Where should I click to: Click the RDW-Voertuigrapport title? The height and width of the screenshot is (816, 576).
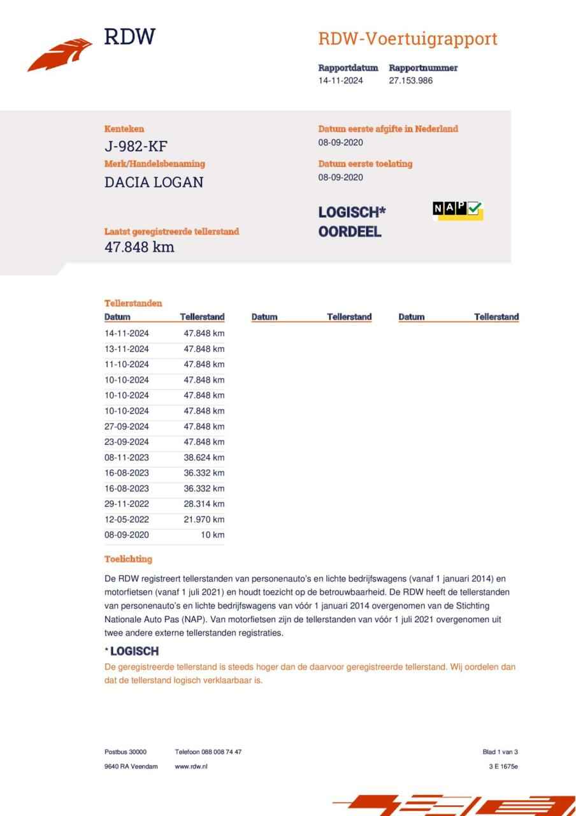pyautogui.click(x=407, y=39)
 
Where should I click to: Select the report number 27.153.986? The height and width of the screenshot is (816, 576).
pyautogui.click(x=410, y=81)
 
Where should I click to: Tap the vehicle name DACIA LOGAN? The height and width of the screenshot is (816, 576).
pyautogui.click(x=154, y=182)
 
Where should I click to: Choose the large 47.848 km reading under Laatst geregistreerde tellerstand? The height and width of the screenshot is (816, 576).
pyautogui.click(x=139, y=247)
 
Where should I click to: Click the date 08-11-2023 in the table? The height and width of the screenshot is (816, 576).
pyautogui.click(x=127, y=458)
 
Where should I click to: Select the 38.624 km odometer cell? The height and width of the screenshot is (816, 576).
pyautogui.click(x=204, y=458)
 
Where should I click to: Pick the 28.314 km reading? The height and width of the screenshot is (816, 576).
pyautogui.click(x=204, y=504)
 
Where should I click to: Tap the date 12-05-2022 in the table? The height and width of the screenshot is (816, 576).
pyautogui.click(x=127, y=520)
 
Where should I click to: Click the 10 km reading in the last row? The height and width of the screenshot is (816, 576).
pyautogui.click(x=212, y=535)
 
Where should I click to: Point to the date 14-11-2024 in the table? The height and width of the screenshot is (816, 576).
pyautogui.click(x=127, y=333)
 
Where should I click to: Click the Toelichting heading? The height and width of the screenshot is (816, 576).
pyautogui.click(x=128, y=559)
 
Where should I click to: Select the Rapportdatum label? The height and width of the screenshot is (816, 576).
pyautogui.click(x=348, y=68)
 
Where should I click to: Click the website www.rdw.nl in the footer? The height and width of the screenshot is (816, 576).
pyautogui.click(x=191, y=766)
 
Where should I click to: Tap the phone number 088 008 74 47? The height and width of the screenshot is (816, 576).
pyautogui.click(x=220, y=752)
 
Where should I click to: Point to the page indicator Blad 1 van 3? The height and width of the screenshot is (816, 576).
pyautogui.click(x=500, y=752)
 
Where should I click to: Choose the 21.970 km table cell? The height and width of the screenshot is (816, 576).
pyautogui.click(x=204, y=520)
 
